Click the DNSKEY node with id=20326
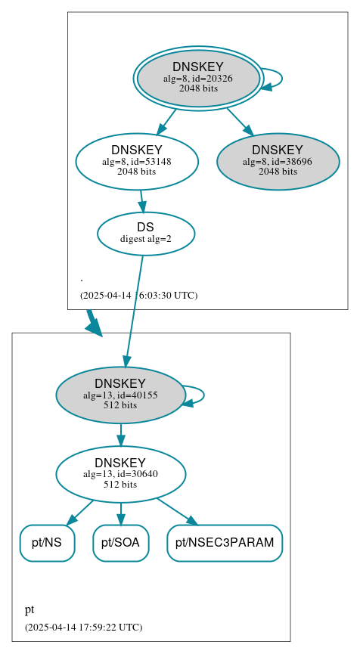tap(198, 78)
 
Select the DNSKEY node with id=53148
tap(137, 161)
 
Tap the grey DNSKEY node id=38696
tap(278, 161)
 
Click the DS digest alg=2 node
tap(146, 233)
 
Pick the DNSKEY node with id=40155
tap(120, 395)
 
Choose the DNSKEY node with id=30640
tap(120, 474)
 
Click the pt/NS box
tap(47, 543)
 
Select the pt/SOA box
tap(120, 543)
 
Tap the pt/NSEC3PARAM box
tap(225, 543)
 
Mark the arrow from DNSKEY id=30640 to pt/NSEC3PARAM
tap(177, 511)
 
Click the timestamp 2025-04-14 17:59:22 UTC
tap(83, 627)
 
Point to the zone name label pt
tap(29, 609)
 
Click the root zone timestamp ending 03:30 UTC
tap(138, 295)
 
